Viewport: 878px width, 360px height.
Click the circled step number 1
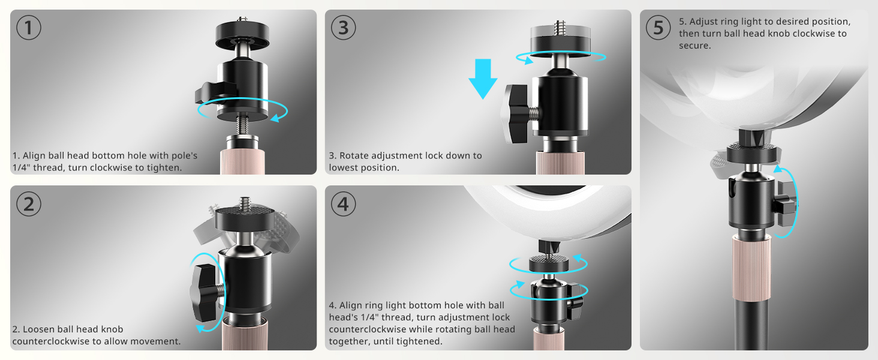28,28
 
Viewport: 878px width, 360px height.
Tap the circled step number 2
28,204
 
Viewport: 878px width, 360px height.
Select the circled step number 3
343,28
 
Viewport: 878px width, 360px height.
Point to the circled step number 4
343,204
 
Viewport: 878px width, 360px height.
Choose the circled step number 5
658,28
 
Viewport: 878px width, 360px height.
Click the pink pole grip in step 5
749,267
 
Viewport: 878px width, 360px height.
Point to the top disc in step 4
548,262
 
